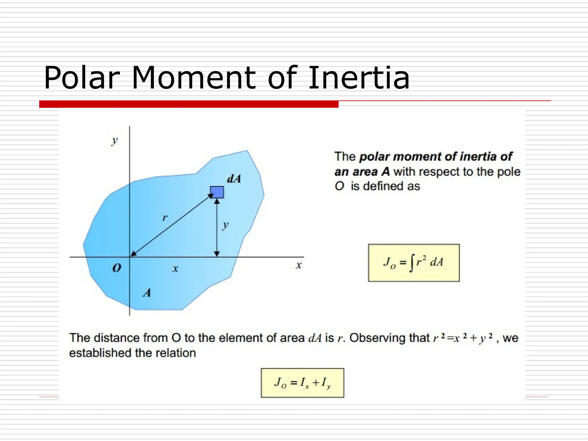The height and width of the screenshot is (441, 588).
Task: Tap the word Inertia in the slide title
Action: pos(359,78)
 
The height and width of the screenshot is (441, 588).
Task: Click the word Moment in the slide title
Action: pos(193,78)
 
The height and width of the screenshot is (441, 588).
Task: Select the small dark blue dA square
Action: pos(217,192)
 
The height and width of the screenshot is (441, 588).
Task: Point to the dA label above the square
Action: pos(234,179)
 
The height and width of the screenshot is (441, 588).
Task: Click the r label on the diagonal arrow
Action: pos(165,218)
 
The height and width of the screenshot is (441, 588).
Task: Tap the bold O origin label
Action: pos(117,268)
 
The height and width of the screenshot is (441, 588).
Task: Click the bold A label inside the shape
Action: pos(147,293)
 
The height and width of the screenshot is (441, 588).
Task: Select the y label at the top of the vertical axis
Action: pos(115,141)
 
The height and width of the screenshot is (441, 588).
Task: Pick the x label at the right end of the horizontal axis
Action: pos(299,265)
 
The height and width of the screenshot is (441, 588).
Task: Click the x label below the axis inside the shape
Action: pos(175,269)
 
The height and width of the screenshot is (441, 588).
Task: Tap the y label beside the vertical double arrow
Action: pos(226,225)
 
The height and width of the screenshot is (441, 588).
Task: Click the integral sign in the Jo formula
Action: pos(412,263)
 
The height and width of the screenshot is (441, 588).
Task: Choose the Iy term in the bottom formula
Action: pos(326,383)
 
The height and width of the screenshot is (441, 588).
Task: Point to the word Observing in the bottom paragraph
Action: pos(389,338)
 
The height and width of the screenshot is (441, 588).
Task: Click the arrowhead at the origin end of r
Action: pos(133,254)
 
